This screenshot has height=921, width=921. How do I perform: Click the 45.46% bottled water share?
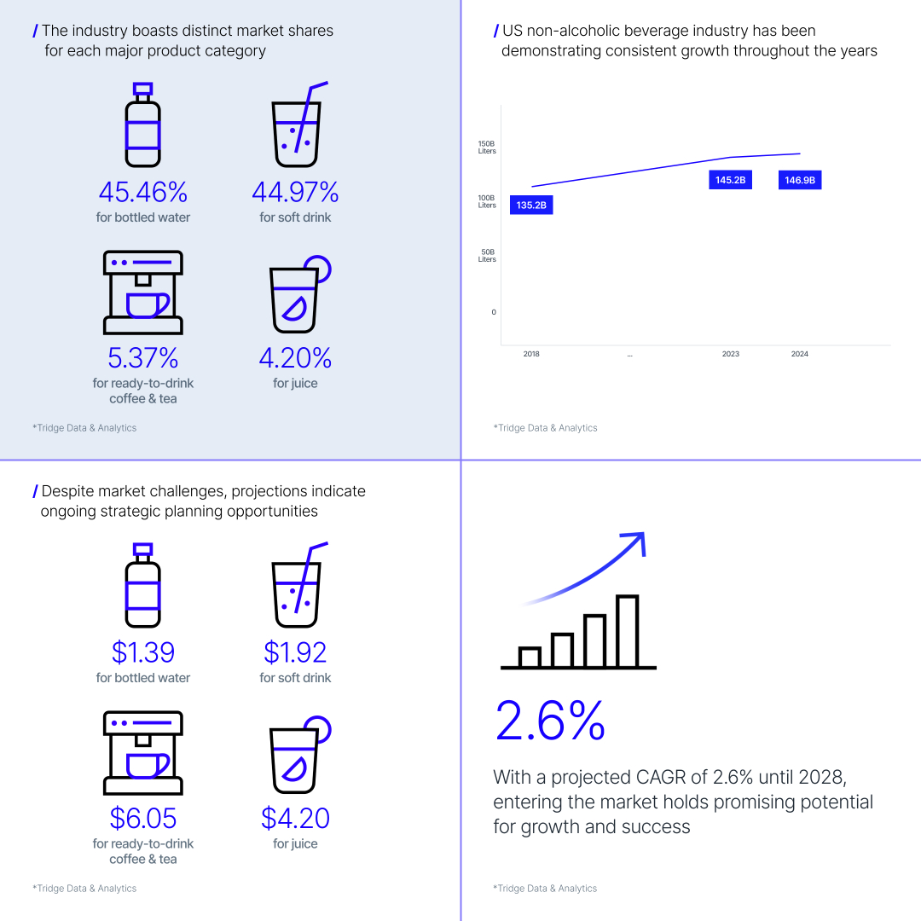[142, 192]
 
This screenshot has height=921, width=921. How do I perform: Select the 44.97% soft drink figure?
[295, 192]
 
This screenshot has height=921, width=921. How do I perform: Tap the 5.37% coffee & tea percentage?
[142, 358]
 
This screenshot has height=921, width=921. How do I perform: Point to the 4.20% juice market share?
[295, 358]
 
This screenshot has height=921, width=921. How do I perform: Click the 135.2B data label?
[531, 206]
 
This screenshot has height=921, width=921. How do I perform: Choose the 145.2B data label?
[730, 181]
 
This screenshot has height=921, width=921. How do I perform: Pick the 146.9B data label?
[800, 181]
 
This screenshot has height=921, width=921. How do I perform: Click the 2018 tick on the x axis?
[531, 354]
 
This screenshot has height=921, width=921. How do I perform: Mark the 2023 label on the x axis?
[731, 354]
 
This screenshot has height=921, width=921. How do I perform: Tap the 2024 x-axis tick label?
[800, 354]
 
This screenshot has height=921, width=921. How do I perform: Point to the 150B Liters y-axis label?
[487, 148]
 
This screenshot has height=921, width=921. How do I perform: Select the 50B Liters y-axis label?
[487, 256]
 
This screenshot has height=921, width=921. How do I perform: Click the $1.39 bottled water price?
[142, 652]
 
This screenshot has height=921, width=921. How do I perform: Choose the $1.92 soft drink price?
[295, 652]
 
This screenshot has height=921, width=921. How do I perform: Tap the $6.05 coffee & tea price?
[142, 819]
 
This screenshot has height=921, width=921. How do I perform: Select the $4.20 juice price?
[295, 819]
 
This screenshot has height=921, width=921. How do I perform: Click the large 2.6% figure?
[550, 721]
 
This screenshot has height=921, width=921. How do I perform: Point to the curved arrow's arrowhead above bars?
[635, 540]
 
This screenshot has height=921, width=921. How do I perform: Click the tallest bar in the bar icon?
[627, 631]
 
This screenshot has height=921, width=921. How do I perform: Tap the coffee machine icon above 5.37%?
[142, 293]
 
